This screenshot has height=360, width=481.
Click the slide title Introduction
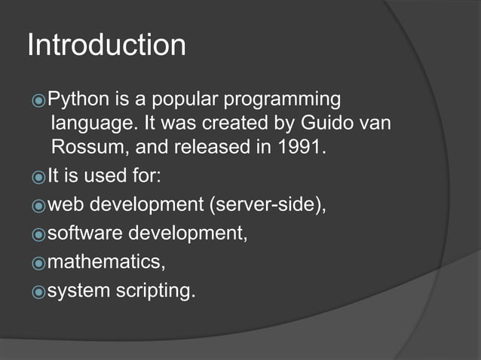[106, 46]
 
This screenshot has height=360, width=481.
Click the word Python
[75, 99]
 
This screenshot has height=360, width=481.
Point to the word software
[84, 233]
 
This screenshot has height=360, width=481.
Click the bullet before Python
[39, 99]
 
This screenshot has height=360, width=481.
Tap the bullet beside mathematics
[39, 263]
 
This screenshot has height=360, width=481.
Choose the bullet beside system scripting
[39, 291]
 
